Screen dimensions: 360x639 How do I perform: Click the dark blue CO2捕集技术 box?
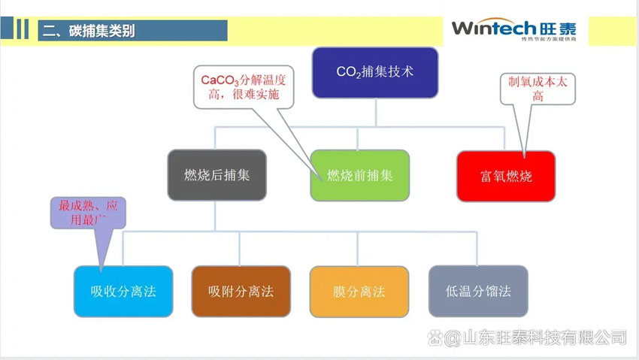[x=374, y=72]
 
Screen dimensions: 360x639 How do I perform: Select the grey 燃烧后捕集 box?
[x=217, y=175]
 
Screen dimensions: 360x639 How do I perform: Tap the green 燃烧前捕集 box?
[x=359, y=175]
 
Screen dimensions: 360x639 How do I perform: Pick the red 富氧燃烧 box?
[x=506, y=176]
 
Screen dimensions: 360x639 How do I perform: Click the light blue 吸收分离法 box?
[x=123, y=291]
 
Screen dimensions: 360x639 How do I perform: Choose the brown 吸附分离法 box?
[x=241, y=291]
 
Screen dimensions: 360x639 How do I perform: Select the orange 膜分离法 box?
[x=359, y=291]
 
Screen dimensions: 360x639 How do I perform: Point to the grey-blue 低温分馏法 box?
[x=477, y=291]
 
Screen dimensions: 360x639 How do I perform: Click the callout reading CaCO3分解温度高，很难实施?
[x=244, y=86]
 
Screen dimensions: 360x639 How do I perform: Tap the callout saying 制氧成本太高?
[x=538, y=88]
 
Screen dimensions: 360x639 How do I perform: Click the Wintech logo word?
[x=492, y=29]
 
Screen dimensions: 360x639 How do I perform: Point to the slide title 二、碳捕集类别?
[x=90, y=31]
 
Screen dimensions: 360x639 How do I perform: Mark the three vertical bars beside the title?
[x=23, y=29]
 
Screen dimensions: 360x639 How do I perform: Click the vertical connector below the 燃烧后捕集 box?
[x=216, y=216]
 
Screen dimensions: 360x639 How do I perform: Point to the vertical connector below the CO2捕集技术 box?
[x=374, y=112]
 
